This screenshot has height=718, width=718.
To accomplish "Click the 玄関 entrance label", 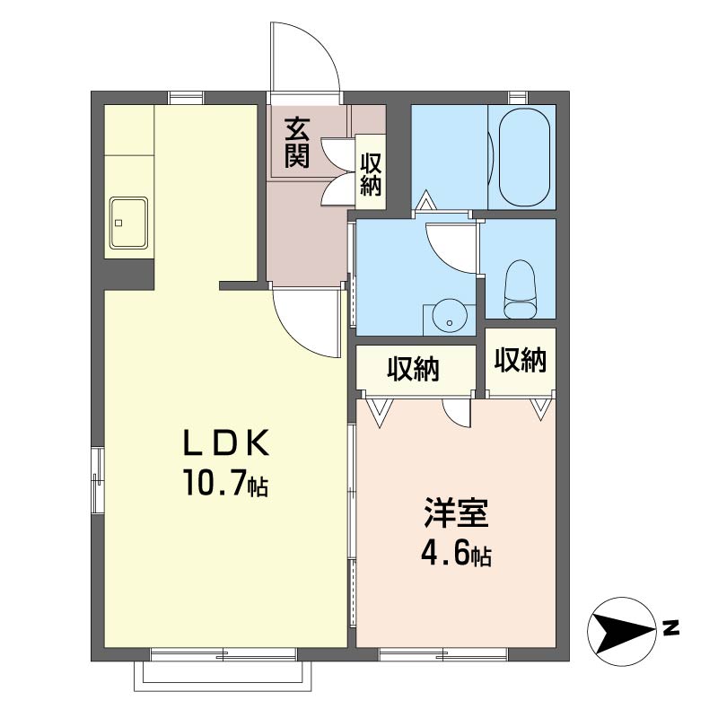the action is point(298,143).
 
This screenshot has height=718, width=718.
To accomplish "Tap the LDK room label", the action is point(226,443).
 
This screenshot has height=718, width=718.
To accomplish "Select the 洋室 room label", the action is point(456,512).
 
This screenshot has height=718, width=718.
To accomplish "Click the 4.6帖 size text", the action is point(456,553).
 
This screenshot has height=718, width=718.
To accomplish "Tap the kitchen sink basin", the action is point(128,223).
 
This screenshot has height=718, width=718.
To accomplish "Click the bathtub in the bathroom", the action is point(524,156).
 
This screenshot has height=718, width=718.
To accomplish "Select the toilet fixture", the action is point(520,289).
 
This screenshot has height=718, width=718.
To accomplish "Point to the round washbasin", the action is point(450,318).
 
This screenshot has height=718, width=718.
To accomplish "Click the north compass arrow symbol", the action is point(621,632).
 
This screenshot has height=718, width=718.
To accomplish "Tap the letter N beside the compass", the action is point(670,627).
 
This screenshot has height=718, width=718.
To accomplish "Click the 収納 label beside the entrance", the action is point(371,174).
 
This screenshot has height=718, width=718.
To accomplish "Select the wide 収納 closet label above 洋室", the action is point(414,369).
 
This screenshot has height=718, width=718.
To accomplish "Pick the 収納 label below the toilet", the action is point(521,360).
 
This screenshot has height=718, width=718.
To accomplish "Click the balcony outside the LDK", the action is point(223,676).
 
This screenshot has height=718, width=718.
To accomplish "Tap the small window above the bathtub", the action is point(518,98).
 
